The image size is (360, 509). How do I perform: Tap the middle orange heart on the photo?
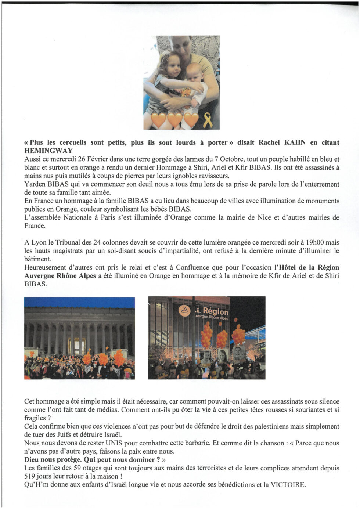coord(175,120)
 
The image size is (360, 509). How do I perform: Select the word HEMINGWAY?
coord(48,151)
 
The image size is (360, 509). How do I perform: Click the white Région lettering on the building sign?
coord(216,311)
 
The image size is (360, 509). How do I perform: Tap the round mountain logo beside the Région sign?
coord(184,311)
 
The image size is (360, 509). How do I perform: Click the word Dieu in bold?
coord(32,459)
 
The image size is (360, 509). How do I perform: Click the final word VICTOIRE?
coord(288,484)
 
